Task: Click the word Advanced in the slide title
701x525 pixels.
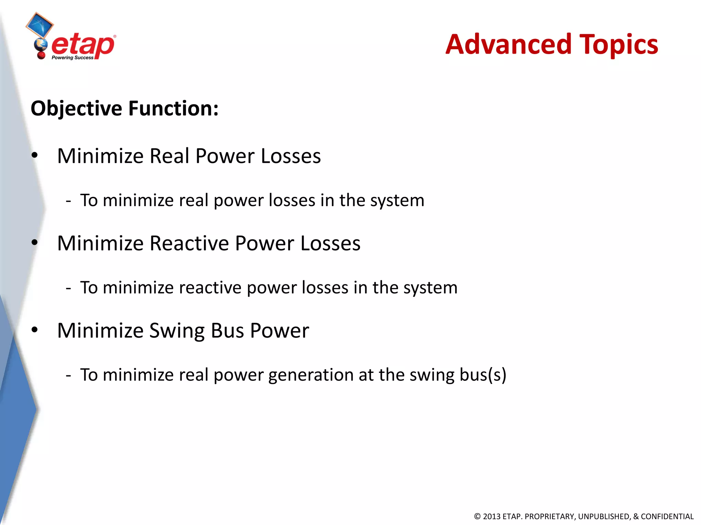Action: [508, 44]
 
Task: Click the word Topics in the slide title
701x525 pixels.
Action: [619, 45]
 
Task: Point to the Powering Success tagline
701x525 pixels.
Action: [72, 58]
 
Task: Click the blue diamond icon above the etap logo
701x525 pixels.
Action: [40, 25]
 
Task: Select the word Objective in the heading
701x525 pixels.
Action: [76, 108]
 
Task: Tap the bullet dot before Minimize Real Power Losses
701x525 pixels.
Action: [34, 156]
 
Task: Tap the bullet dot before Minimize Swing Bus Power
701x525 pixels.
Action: [34, 330]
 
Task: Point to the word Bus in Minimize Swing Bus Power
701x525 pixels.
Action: [227, 331]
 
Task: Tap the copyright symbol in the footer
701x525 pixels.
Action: [477, 516]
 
